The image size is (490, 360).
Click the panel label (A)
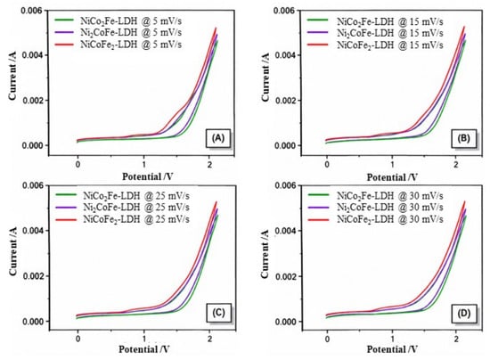[x=217, y=138]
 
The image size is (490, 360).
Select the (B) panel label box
[x=463, y=138]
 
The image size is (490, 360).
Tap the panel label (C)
[x=218, y=313]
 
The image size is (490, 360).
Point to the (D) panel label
[x=464, y=314]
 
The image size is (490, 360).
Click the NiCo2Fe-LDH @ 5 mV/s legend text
[x=131, y=21]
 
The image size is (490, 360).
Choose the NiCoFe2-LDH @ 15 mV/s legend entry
[x=389, y=45]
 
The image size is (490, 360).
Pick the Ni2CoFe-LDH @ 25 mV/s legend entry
[x=136, y=208]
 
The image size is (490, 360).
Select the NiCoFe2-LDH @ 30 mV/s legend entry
[x=389, y=219]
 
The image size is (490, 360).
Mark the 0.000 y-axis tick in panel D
[x=285, y=322]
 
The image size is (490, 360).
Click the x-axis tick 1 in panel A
[x=143, y=164]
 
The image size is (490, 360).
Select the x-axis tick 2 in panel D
[x=456, y=340]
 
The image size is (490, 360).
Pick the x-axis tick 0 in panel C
[x=78, y=340]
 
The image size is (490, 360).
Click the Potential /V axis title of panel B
[x=392, y=177]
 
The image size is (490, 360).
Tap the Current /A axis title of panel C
[x=12, y=254]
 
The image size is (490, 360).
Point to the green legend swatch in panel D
[x=318, y=195]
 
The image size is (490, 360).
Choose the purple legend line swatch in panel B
[x=317, y=32]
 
